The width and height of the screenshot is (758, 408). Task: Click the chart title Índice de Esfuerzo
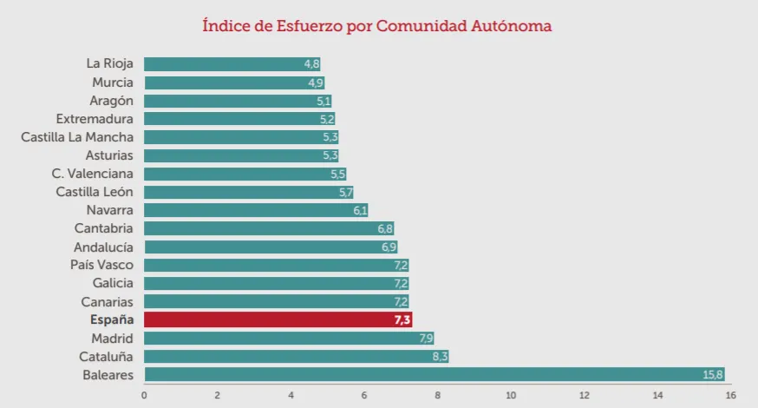377,26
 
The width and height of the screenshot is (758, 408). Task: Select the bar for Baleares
434,374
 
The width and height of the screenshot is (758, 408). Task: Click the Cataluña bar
295,356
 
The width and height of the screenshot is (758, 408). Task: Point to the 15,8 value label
712,375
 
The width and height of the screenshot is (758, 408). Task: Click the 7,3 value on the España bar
402,320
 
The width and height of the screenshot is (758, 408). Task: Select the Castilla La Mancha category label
77,137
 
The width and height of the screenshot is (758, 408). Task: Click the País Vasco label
102,265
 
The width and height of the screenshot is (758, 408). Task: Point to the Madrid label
113,338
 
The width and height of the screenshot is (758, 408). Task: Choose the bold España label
112,319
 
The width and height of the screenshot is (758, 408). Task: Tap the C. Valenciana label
93,174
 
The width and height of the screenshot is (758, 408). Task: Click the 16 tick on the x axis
730,396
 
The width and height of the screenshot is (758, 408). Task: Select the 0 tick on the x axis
144,396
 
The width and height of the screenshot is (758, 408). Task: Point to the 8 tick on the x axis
437,396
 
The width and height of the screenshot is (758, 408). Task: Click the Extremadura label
95,119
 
